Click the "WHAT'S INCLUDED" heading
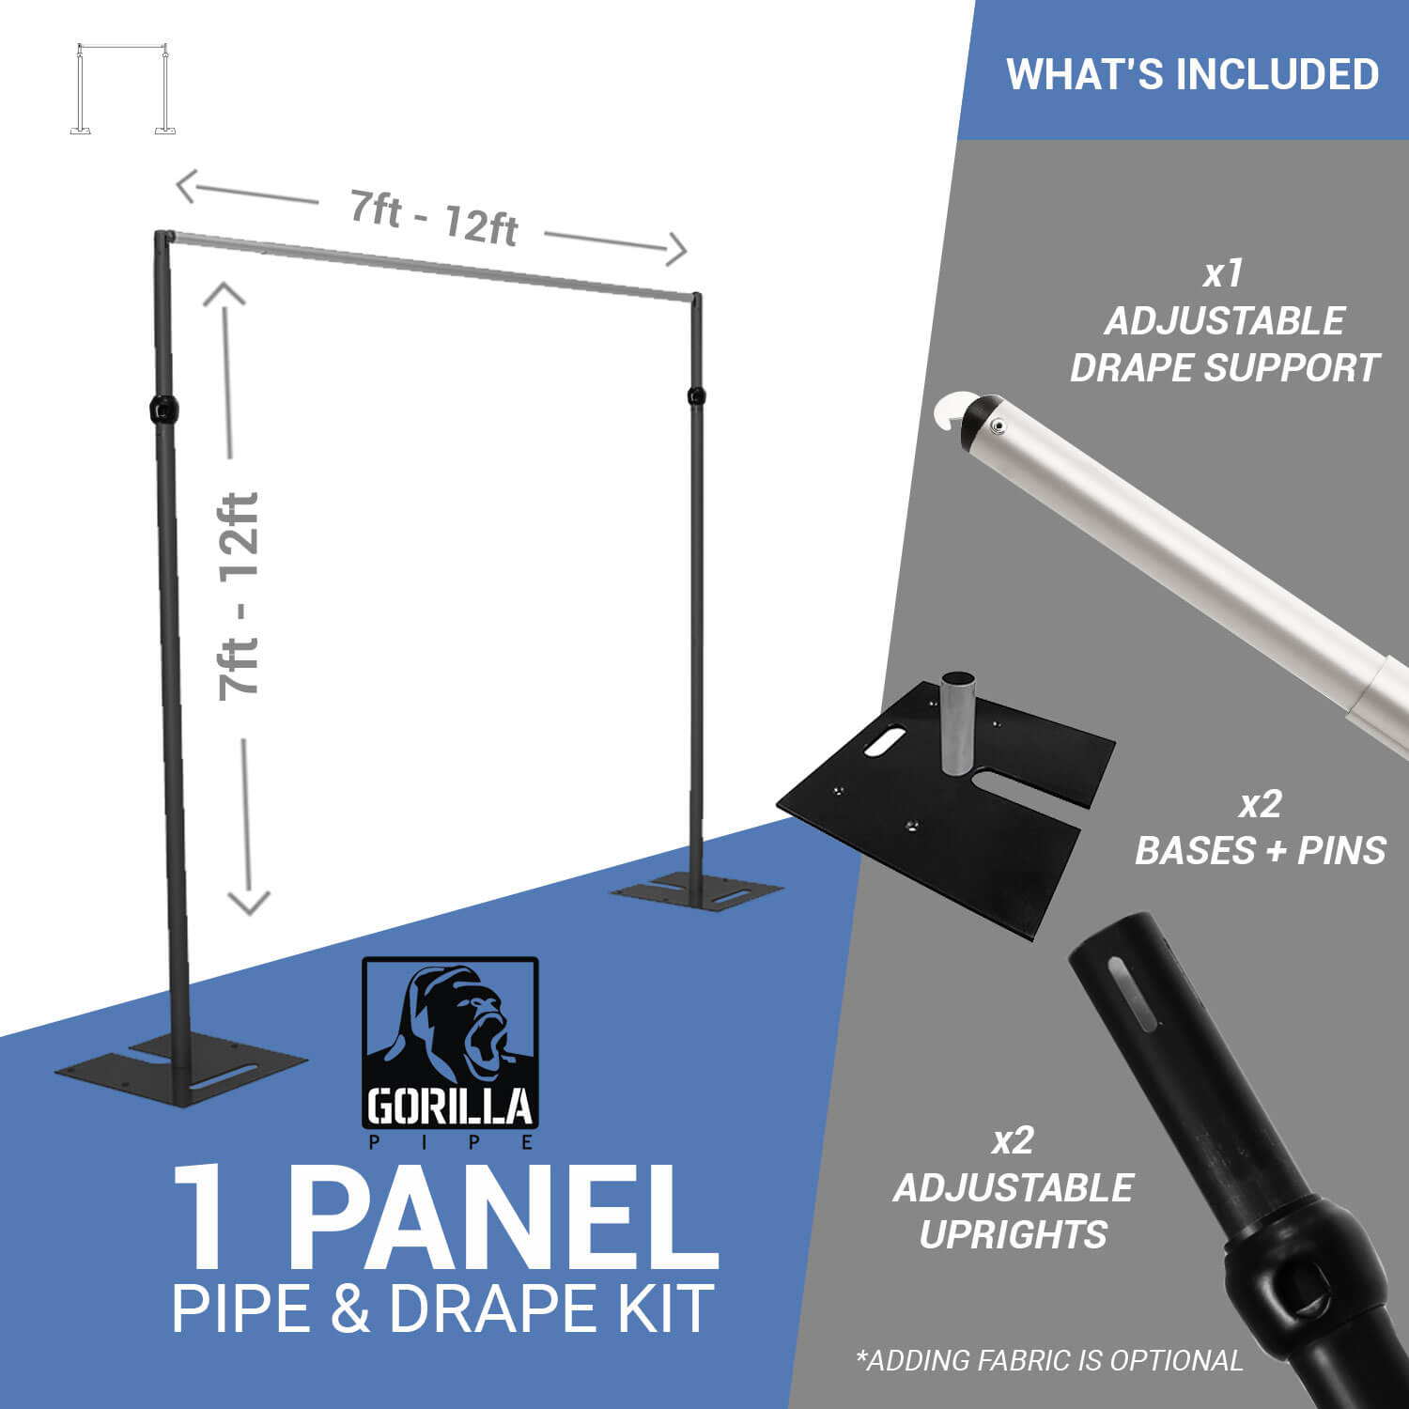coord(1192,74)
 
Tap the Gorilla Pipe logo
coord(451,1053)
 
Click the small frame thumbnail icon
coord(122,89)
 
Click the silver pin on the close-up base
coord(958,722)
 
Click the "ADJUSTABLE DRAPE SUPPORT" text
coord(1224,344)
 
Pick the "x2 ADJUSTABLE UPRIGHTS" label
coord(1014,1187)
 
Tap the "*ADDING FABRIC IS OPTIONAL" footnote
coord(1049,1359)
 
